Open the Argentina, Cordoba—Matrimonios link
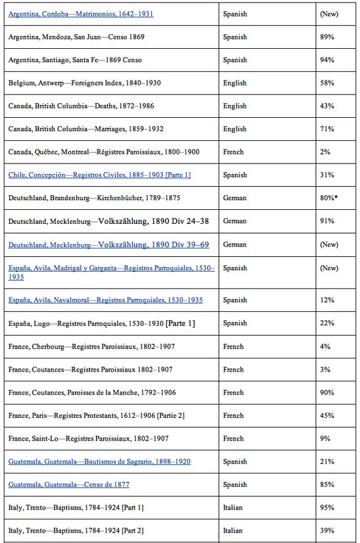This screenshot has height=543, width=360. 81,13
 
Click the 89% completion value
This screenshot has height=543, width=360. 327,37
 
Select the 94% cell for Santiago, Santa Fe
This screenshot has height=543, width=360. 327,60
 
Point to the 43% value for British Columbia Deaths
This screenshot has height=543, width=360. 327,106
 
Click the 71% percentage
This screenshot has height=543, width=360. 327,129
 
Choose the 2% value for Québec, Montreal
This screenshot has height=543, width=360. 325,152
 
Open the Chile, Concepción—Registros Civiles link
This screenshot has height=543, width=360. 99,175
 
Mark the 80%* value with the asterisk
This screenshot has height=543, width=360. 329,198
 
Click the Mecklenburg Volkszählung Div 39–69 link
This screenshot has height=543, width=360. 109,245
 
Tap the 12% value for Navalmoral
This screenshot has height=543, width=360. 327,300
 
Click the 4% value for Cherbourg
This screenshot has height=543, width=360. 325,347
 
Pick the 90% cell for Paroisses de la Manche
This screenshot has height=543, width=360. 327,393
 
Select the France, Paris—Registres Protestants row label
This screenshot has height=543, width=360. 96,416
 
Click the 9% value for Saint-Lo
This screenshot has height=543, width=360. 325,439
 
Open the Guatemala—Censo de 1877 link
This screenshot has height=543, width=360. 69,485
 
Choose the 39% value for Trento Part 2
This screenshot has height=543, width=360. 327,531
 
